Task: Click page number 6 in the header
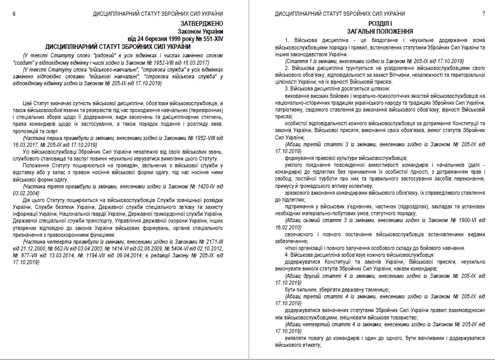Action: [x=13, y=13]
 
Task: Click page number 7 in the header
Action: [x=482, y=13]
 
